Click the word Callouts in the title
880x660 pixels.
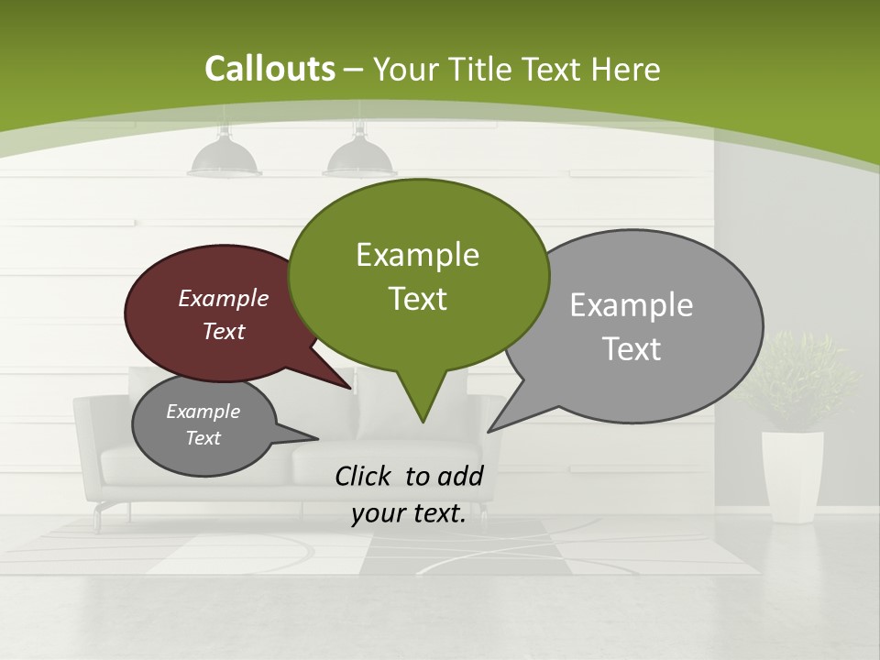270,69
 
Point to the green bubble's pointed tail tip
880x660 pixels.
423,422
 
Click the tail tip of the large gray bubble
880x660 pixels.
489,431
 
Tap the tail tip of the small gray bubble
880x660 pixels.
317,437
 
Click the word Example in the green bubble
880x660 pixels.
418,255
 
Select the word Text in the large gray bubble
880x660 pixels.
632,349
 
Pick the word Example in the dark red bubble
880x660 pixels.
224,299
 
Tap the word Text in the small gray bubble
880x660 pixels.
203,438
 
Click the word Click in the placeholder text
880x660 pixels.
365,476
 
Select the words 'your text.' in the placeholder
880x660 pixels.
408,513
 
